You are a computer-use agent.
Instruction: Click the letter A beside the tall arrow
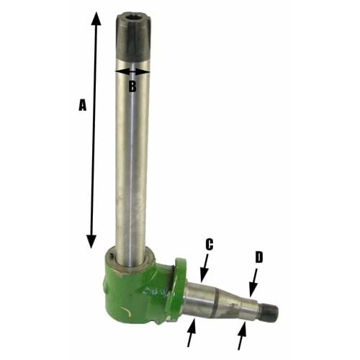click(x=81, y=105)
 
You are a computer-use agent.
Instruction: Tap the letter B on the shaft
click(x=132, y=86)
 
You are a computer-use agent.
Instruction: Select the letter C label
click(x=209, y=245)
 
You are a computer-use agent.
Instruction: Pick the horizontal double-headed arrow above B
click(x=132, y=71)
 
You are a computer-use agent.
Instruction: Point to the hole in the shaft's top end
click(x=133, y=14)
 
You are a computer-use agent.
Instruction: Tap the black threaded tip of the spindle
click(x=270, y=312)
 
